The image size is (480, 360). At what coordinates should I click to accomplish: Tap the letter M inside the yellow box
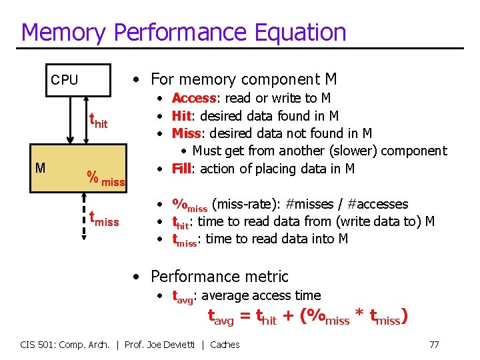(40, 167)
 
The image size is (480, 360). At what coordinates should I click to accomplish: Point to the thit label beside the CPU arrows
(99, 121)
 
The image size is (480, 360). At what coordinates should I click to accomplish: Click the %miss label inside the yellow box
(106, 178)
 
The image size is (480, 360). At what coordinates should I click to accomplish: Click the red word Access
(194, 99)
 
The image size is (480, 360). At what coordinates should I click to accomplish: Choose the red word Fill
(181, 169)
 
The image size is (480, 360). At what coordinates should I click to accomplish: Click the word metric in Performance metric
(265, 276)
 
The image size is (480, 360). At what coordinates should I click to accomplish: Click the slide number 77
(434, 345)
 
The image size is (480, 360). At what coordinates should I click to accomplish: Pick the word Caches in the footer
(225, 345)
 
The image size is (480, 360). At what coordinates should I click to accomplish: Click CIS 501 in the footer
(37, 345)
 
